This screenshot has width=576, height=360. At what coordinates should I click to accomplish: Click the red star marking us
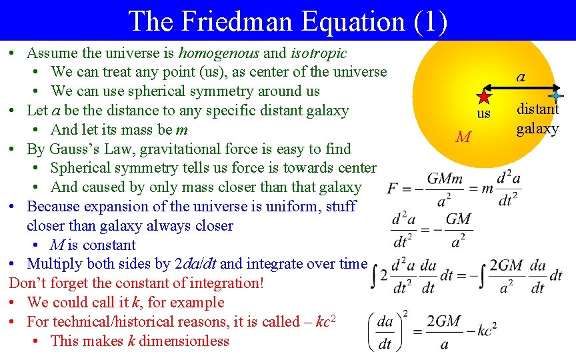click(x=484, y=96)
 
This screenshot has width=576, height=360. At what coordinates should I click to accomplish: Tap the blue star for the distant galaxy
click(x=555, y=96)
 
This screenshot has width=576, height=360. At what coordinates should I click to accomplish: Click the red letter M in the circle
click(x=463, y=138)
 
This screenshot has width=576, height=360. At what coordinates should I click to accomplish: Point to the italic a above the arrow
click(x=520, y=77)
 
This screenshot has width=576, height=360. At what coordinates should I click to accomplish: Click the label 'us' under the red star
click(x=483, y=114)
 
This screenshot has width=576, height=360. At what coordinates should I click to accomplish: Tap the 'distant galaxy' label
click(x=538, y=118)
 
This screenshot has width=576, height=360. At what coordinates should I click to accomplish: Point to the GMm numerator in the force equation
click(x=443, y=179)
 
